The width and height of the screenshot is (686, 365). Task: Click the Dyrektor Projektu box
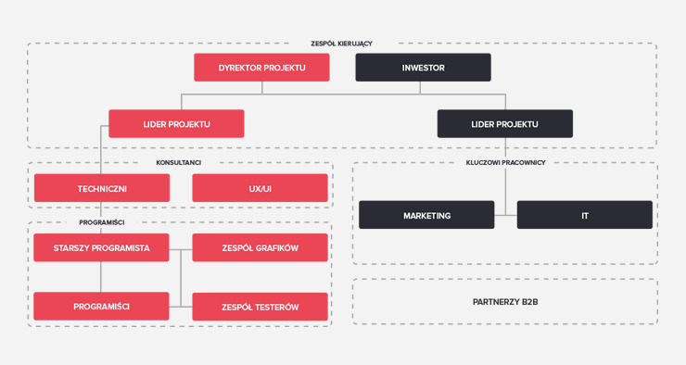click(x=261, y=68)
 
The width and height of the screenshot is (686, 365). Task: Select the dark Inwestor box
click(x=423, y=68)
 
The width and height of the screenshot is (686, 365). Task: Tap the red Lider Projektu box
click(x=176, y=124)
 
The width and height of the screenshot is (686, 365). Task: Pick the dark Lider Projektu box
click(x=505, y=124)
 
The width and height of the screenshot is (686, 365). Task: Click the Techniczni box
click(x=102, y=188)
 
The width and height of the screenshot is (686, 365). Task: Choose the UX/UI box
click(x=260, y=188)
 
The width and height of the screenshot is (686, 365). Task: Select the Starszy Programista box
click(x=101, y=247)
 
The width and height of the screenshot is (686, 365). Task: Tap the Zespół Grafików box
click(x=260, y=247)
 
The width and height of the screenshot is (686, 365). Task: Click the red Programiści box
click(x=101, y=306)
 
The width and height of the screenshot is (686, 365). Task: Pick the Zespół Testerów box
click(x=260, y=307)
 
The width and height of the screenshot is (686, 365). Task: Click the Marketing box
click(x=426, y=215)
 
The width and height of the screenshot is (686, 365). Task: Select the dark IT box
click(x=585, y=215)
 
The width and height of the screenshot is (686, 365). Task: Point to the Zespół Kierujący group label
click(x=342, y=44)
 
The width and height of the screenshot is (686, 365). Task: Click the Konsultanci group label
click(x=179, y=163)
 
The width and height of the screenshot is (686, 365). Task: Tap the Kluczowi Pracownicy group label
click(x=506, y=163)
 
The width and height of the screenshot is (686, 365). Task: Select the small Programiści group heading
click(x=102, y=222)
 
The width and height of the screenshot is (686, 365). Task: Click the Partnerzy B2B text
click(x=505, y=302)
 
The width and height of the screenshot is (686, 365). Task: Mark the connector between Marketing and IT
click(x=506, y=215)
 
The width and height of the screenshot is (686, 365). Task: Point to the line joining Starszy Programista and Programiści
click(x=101, y=277)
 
